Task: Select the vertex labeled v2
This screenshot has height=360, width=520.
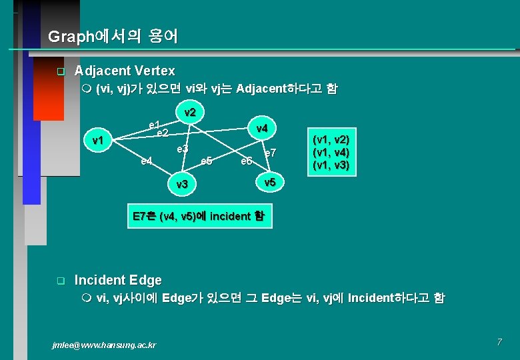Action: click(189, 113)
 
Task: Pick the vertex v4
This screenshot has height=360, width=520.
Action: click(261, 128)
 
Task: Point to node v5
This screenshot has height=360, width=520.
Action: click(269, 181)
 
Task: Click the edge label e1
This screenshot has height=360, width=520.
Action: click(154, 125)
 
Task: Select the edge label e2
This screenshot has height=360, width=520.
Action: click(161, 133)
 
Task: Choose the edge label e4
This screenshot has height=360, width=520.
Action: click(147, 160)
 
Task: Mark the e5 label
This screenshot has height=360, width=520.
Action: click(206, 161)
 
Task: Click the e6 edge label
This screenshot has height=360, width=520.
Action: click(246, 161)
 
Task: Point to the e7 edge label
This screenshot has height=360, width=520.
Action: click(270, 153)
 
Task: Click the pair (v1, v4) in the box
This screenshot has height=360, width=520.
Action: click(331, 153)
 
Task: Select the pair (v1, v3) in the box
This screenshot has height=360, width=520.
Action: click(331, 165)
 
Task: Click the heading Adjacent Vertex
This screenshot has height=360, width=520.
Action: click(125, 71)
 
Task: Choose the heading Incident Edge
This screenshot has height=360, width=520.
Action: click(118, 280)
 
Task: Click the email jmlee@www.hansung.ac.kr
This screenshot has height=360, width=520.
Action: click(104, 345)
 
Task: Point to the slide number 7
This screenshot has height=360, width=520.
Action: click(499, 342)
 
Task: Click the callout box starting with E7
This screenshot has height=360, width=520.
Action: click(199, 216)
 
